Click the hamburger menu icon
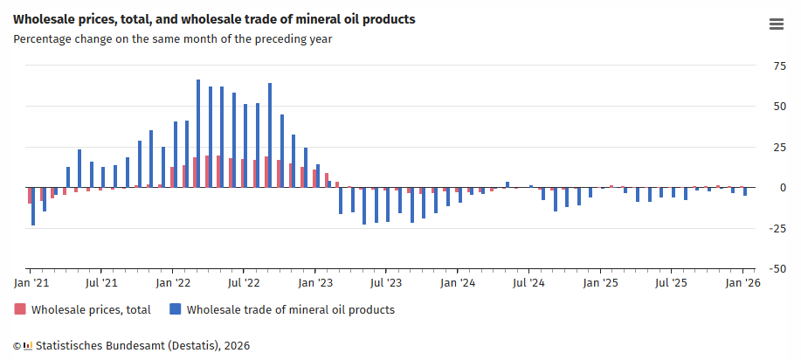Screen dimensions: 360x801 776,24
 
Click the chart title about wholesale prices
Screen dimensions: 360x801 214,19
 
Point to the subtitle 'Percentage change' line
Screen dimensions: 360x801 172,38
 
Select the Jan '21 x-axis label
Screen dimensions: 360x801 31,283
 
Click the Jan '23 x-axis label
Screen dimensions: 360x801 315,283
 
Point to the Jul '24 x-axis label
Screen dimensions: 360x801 528,283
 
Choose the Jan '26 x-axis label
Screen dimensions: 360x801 742,283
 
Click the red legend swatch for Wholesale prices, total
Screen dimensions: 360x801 20,309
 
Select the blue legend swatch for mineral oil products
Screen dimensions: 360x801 176,309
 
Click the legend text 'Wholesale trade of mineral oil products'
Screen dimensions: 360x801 290,309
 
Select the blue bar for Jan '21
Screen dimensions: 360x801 33,207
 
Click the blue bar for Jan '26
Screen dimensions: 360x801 745,191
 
